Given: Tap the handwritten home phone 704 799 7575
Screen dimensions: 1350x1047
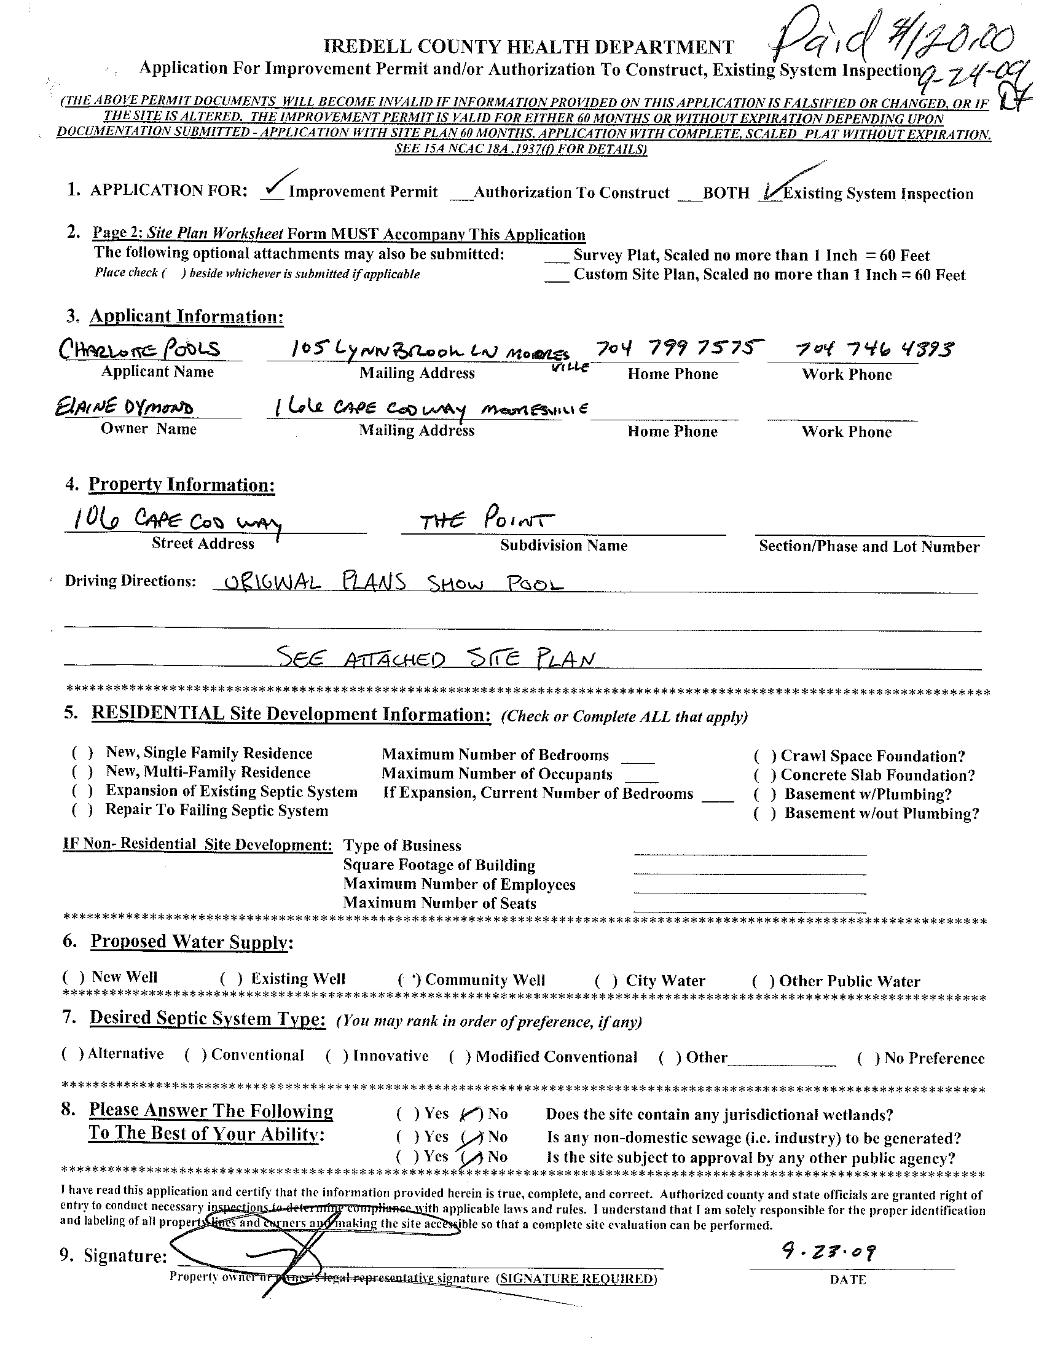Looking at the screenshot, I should click(676, 348).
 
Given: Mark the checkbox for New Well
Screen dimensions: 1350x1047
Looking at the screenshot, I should click(73, 977).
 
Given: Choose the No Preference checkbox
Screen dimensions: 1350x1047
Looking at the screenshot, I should click(868, 1059).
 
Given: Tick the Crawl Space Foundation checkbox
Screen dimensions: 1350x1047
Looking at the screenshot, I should click(765, 756).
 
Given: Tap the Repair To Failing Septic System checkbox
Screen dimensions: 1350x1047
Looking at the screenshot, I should click(82, 810).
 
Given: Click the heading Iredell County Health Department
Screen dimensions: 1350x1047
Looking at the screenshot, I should click(529, 47).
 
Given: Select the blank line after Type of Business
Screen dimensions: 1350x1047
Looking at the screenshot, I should click(750, 847).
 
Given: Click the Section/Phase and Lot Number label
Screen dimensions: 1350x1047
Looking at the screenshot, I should click(869, 546).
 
